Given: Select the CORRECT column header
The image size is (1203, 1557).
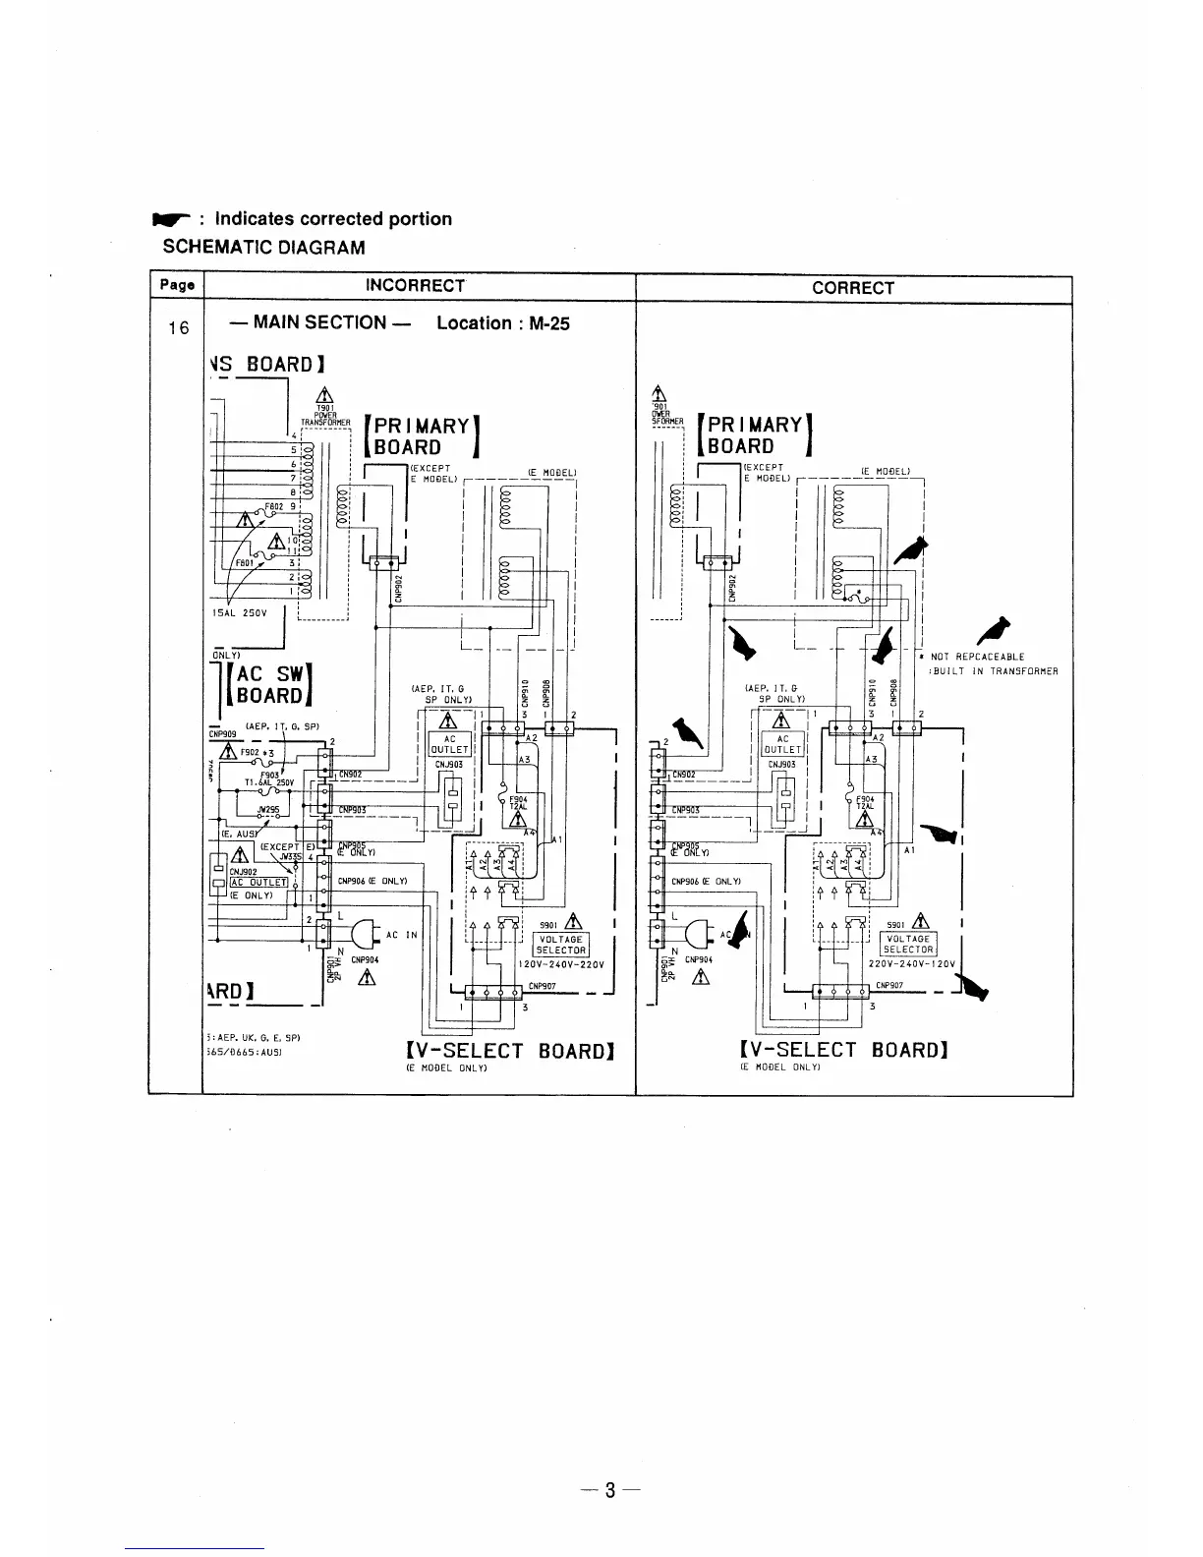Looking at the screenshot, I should pos(852,288).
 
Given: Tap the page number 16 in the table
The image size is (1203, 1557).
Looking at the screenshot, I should pos(178,327).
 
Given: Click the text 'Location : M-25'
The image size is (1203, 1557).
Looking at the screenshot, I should pos(502,322).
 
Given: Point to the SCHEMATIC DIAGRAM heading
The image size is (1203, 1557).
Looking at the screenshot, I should pos(263,248).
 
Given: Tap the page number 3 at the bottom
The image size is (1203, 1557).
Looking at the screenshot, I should pos(609,1489).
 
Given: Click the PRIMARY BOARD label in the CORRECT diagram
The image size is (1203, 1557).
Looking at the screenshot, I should pos(755,435).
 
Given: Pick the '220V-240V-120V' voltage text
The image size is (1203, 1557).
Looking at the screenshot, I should pos(912,963).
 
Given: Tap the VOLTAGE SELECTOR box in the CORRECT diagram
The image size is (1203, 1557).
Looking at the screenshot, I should pos(907,944).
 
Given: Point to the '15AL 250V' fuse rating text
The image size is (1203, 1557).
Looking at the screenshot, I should pos(238,612).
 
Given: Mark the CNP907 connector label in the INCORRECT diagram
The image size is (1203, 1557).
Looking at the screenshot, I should pos(543,986).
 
